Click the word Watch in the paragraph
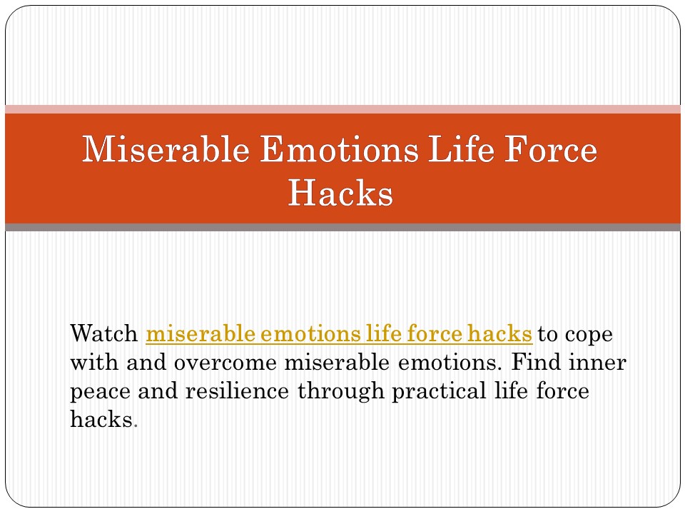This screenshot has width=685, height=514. pyautogui.click(x=104, y=333)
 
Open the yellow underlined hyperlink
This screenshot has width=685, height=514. pyautogui.click(x=339, y=333)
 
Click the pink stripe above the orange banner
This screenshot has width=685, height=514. pyautogui.click(x=342, y=109)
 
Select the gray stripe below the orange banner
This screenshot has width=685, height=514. pyautogui.click(x=342, y=227)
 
